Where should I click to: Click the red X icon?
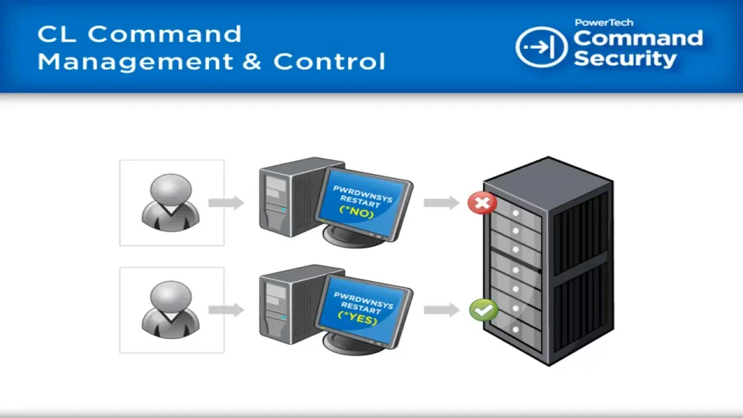pyautogui.click(x=482, y=204)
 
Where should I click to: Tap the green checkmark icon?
pyautogui.click(x=483, y=310)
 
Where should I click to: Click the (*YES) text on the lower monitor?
pyautogui.click(x=357, y=320)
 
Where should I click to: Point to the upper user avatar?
pyautogui.click(x=170, y=201)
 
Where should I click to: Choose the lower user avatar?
pyautogui.click(x=170, y=309)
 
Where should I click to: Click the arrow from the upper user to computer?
pyautogui.click(x=226, y=203)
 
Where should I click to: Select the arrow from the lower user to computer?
pyautogui.click(x=226, y=310)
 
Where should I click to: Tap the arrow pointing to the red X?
pyautogui.click(x=441, y=203)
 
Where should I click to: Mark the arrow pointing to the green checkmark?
pyautogui.click(x=441, y=310)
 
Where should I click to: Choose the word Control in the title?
pyautogui.click(x=329, y=61)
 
